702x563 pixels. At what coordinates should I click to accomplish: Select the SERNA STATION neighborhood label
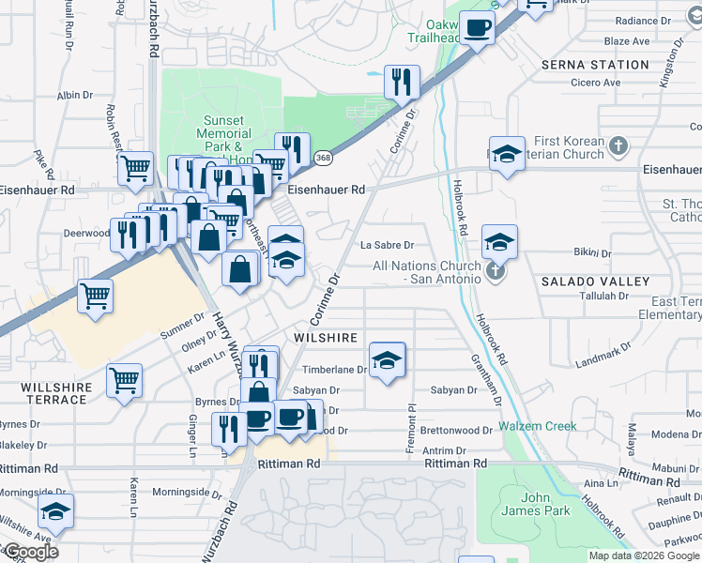[x=595, y=65]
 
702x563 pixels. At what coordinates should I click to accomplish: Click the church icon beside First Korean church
[x=617, y=146]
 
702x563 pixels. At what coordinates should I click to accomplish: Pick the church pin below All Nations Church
[x=496, y=273]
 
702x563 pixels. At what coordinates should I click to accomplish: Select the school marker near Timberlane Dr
[x=386, y=359]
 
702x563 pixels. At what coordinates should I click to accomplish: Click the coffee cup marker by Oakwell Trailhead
[x=478, y=29]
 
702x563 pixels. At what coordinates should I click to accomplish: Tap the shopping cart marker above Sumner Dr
[x=96, y=297]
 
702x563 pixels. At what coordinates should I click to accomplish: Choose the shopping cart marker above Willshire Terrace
[x=124, y=381]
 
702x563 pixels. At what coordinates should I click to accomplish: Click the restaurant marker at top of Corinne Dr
[x=402, y=82]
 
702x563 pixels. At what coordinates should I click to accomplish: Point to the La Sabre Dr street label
[x=388, y=246]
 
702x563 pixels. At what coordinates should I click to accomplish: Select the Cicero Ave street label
[x=596, y=83]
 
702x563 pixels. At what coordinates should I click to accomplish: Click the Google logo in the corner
[x=31, y=552]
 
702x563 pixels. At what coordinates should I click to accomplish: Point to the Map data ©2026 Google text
[x=644, y=555]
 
